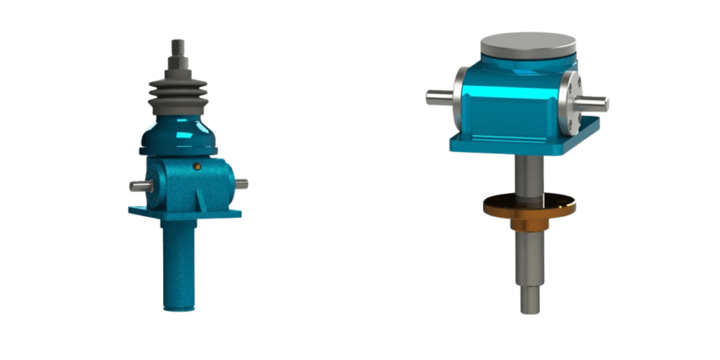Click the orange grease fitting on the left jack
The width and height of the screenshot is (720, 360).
pos(198,166)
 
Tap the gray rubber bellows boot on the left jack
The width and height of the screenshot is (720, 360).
pos(177,96)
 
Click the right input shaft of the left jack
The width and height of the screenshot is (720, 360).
pos(240,184)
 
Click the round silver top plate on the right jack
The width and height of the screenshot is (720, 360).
pos(528,44)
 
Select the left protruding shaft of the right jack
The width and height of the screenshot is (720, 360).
pos(439,97)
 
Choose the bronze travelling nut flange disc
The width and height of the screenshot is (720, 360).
pos(529,205)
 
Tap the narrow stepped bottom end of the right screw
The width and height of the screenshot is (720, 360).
pos(531,299)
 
